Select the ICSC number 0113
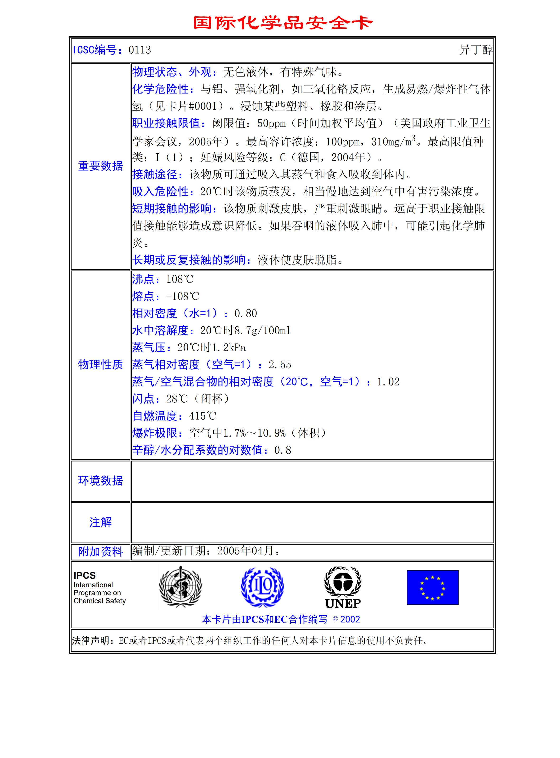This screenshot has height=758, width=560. (140, 50)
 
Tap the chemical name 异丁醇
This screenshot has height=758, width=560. (476, 50)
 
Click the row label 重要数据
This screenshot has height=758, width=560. (100, 166)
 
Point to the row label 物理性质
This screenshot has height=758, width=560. (100, 365)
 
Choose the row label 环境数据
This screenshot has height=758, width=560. (100, 480)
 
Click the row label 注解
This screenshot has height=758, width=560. (100, 522)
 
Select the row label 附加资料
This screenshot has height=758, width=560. (100, 552)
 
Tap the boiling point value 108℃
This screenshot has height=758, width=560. (180, 279)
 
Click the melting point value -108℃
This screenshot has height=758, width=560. (182, 297)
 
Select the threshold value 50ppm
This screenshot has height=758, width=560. (271, 123)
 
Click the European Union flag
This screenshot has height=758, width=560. (432, 587)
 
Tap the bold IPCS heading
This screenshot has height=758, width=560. (85, 575)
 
